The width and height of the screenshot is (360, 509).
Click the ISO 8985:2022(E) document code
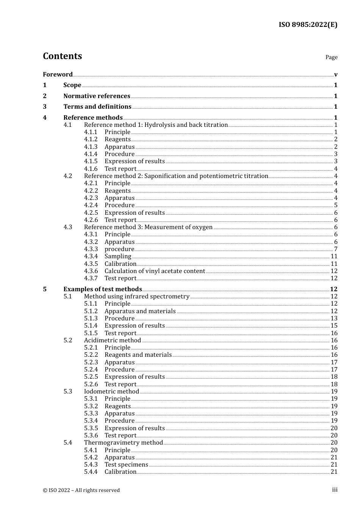[308, 25]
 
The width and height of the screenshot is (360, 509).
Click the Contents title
[62, 56]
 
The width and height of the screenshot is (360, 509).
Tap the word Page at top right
[331, 57]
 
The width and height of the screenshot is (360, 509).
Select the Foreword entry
[58, 74]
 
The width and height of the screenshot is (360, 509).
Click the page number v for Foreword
[336, 75]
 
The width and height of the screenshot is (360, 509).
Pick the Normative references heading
[97, 96]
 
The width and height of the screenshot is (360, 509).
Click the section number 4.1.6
[91, 169]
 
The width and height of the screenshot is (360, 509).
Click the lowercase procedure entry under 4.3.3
[119, 249]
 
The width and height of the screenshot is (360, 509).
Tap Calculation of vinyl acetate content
[155, 271]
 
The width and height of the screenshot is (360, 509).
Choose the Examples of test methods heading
[102, 289]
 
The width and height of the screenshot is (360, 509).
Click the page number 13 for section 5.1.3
[334, 319]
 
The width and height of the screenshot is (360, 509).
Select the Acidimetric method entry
[112, 340]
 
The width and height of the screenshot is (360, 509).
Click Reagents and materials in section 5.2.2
[138, 355]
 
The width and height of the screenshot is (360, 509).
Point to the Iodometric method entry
[111, 392]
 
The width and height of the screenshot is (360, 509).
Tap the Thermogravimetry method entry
[123, 443]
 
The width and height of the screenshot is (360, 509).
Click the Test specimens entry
[126, 465]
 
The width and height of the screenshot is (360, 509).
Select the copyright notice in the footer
[81, 490]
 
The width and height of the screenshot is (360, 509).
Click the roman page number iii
[335, 490]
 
